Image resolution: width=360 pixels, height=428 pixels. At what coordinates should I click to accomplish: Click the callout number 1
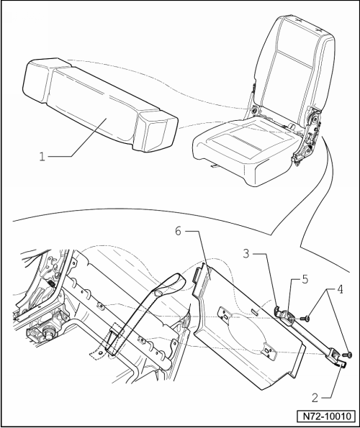click(42, 157)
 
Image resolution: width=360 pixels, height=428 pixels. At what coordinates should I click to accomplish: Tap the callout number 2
click(315, 398)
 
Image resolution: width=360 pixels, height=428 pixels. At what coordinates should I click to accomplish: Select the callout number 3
click(246, 254)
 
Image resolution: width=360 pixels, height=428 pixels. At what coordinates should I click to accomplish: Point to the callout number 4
click(339, 289)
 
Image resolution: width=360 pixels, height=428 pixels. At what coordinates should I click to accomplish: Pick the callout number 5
click(305, 280)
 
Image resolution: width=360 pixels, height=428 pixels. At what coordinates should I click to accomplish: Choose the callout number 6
click(178, 231)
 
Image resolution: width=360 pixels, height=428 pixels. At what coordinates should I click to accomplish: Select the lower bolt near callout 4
click(346, 355)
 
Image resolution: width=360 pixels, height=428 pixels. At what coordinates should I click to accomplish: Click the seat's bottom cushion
click(245, 149)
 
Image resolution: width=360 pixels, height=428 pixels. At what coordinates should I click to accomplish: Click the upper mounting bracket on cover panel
click(225, 314)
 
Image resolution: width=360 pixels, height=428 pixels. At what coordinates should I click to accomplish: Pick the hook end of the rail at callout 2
click(341, 363)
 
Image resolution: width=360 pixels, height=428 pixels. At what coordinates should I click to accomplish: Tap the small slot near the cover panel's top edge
click(255, 311)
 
